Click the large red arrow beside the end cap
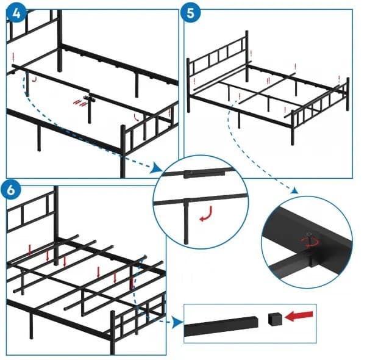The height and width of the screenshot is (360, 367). click(x=299, y=315)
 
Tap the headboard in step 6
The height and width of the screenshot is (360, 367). click(x=34, y=214)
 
